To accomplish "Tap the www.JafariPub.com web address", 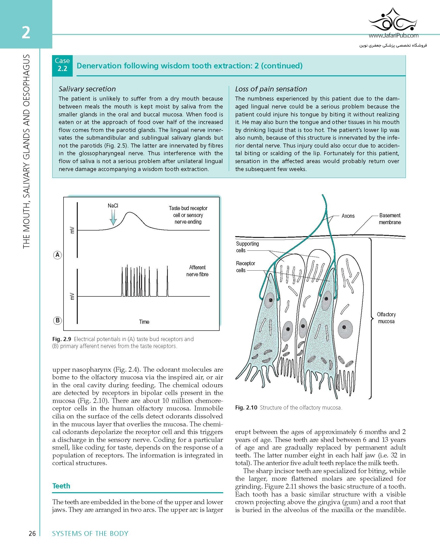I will (x=394, y=35).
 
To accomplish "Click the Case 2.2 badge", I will (x=62, y=65).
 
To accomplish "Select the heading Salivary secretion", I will (x=87, y=89).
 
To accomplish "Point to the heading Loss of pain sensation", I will (x=271, y=89).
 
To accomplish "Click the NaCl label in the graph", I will (x=113, y=206).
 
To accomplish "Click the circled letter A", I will (x=57, y=255).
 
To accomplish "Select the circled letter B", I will (x=57, y=320).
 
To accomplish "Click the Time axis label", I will (x=144, y=322).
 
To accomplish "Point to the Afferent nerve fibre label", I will (x=197, y=271).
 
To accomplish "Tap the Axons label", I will (x=348, y=216).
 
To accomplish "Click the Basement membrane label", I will (x=389, y=219).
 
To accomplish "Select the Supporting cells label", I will (x=247, y=247).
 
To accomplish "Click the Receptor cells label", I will (x=245, y=267).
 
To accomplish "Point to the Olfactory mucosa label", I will (x=386, y=318).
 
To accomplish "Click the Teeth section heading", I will (x=61, y=486).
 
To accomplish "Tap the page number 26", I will (x=32, y=533).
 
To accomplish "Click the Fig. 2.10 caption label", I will (x=246, y=407).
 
